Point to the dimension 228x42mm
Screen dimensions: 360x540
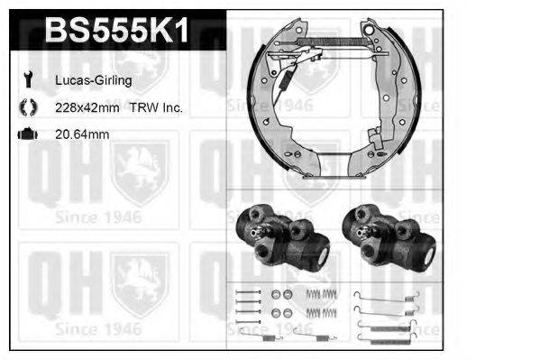88,107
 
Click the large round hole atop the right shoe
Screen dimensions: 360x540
367,34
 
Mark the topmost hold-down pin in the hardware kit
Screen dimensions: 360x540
243,294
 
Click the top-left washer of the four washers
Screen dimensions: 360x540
276,295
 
